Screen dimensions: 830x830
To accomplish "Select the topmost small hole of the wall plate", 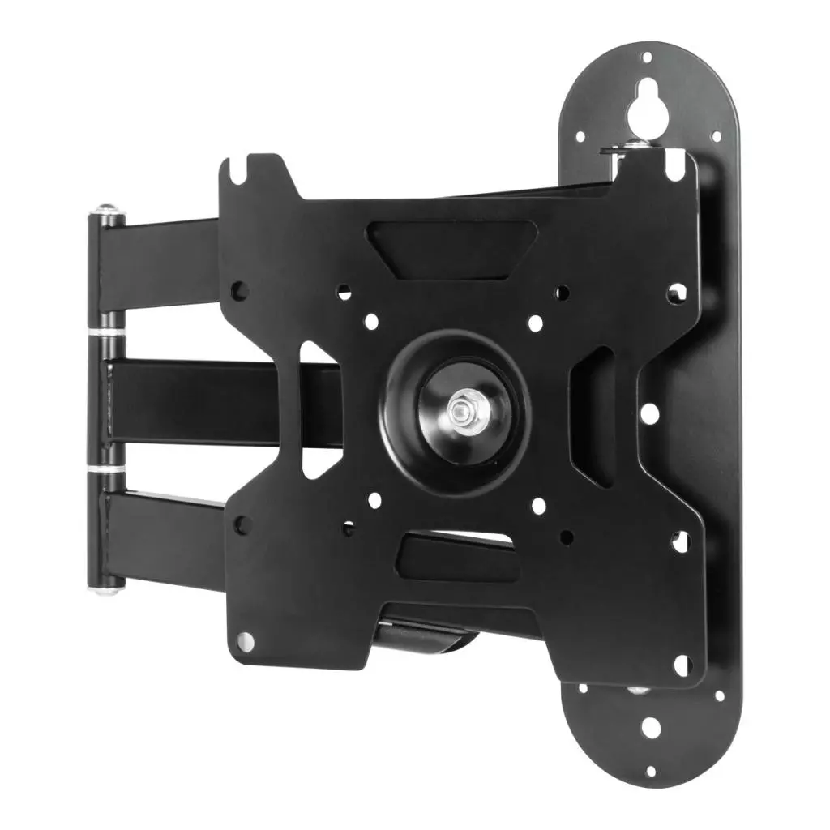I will (646, 58).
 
